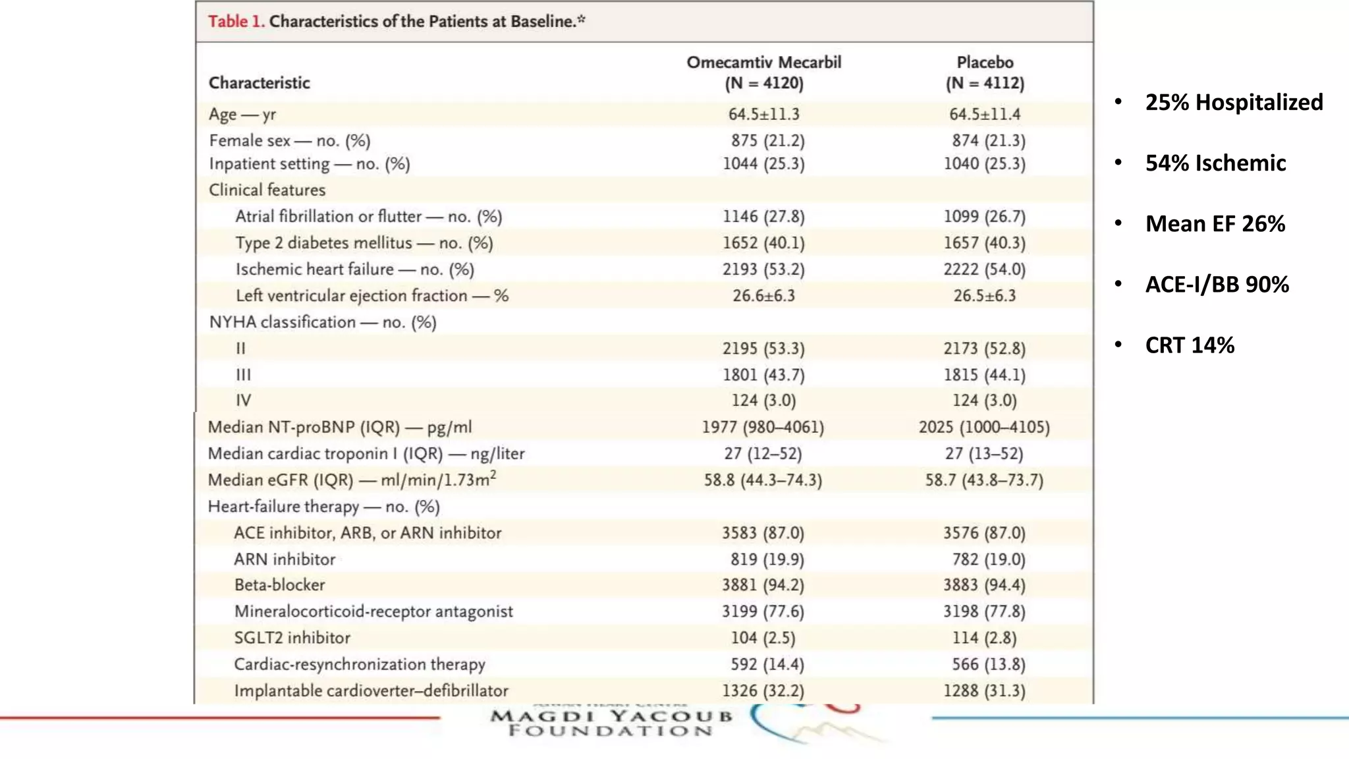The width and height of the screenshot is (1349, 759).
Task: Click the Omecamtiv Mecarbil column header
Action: [x=763, y=72]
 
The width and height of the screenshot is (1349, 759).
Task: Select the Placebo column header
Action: [x=985, y=72]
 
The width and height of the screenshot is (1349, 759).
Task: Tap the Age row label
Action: [x=242, y=115]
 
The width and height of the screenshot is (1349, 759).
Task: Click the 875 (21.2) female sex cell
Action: [x=767, y=140]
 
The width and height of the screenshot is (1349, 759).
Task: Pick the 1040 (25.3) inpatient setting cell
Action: [x=984, y=163]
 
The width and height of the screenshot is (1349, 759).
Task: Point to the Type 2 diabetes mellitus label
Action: [x=364, y=243]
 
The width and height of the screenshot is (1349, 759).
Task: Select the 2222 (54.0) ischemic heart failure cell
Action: [x=984, y=269]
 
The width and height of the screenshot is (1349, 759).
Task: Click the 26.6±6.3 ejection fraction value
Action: [x=763, y=296]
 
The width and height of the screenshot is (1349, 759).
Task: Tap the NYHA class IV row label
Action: [x=243, y=401]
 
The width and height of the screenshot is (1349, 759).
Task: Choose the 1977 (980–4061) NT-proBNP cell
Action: [x=763, y=428]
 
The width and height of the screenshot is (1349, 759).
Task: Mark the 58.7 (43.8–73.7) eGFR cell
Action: [x=984, y=480]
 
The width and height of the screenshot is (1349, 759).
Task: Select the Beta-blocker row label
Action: [x=279, y=585]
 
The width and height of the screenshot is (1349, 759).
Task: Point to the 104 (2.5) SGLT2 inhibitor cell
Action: [x=763, y=638]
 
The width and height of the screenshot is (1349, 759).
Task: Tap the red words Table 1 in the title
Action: [x=236, y=22]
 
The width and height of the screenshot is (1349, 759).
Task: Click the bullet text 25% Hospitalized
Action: [x=1234, y=103]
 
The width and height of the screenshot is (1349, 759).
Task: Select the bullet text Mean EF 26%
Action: [x=1215, y=224]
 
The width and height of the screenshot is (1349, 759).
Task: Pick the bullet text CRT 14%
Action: [x=1190, y=345]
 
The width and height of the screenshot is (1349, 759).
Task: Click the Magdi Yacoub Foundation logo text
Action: [x=611, y=723]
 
